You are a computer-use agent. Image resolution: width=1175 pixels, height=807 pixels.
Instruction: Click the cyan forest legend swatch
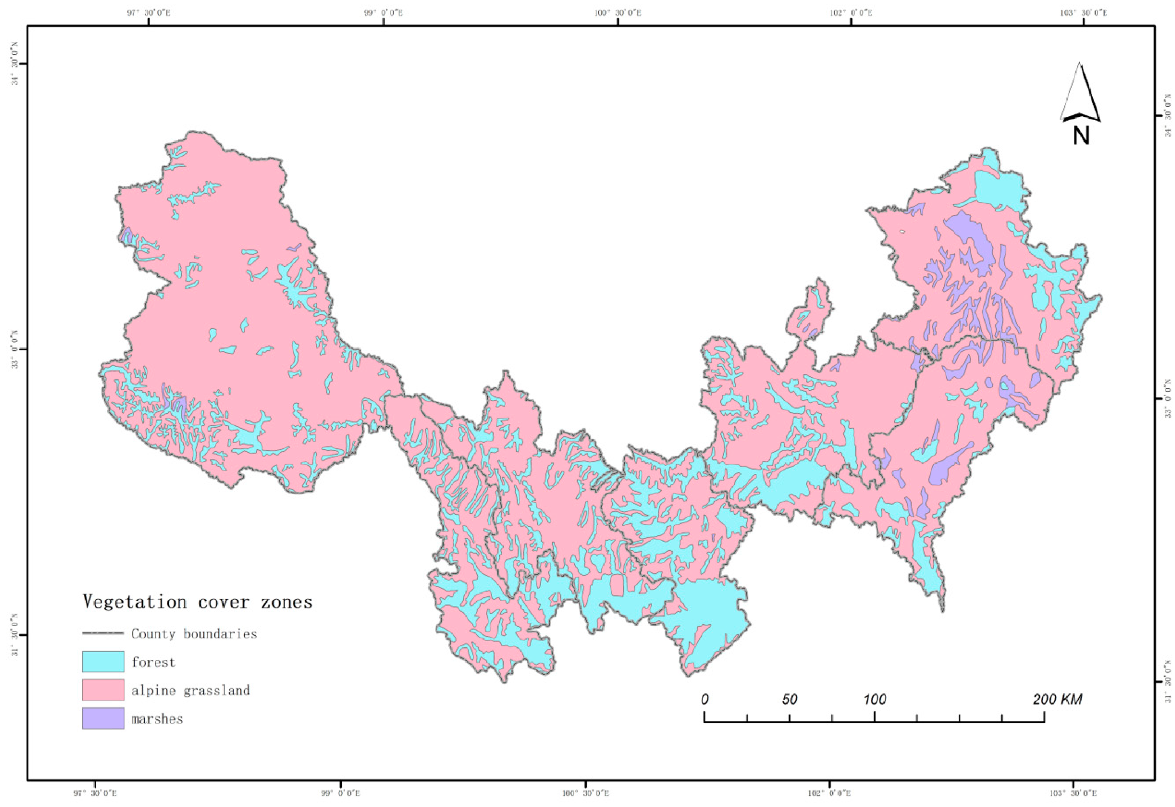pos(103,661)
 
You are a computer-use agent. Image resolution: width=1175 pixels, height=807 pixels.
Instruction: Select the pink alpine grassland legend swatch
pos(103,690)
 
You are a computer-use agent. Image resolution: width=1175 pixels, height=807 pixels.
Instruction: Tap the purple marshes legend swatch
pos(103,718)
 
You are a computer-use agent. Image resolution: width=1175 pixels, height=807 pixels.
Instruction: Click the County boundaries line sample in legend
pos(103,633)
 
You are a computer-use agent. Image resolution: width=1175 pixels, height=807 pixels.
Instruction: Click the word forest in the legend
pos(153,662)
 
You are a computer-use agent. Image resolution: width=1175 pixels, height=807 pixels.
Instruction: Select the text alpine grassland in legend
pos(191,690)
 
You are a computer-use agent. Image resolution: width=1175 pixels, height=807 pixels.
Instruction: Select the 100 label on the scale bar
pos(875,699)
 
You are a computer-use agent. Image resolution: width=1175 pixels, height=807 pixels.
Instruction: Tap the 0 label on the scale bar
pos(704,699)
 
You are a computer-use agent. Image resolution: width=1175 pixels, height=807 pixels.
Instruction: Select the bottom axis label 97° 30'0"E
pos(95,793)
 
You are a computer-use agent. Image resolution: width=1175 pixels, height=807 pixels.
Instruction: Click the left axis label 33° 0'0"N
pos(14,349)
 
